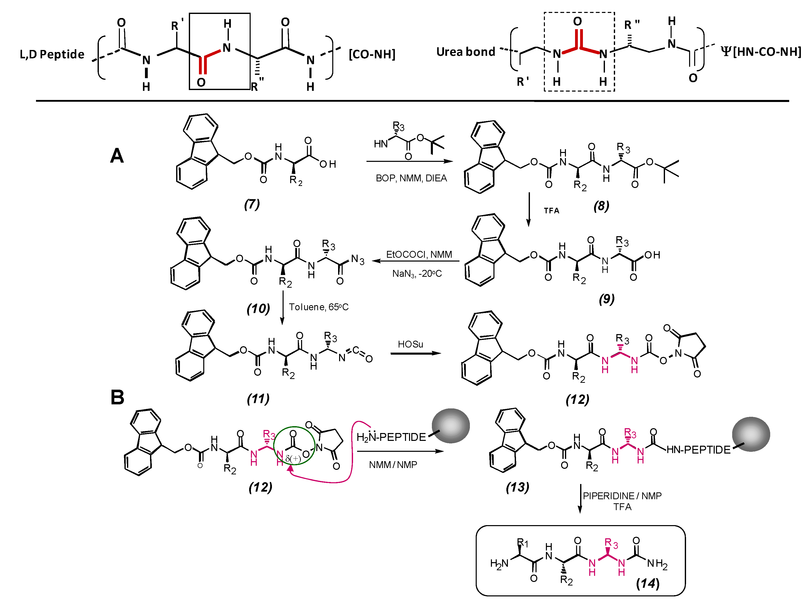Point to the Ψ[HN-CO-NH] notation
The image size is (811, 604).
(x=761, y=51)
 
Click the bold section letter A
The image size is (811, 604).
(x=117, y=156)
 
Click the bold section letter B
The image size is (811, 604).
(x=117, y=398)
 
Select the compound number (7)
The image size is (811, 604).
(x=252, y=204)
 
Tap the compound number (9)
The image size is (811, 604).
(x=607, y=299)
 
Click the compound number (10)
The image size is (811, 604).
(x=258, y=308)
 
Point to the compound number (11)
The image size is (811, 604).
(x=258, y=399)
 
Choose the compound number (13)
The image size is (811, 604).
(x=517, y=487)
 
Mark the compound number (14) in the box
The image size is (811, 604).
(x=648, y=583)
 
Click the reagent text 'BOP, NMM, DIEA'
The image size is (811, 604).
(x=411, y=178)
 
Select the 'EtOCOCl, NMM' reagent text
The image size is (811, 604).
(x=419, y=254)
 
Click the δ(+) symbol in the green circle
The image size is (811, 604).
(x=293, y=458)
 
